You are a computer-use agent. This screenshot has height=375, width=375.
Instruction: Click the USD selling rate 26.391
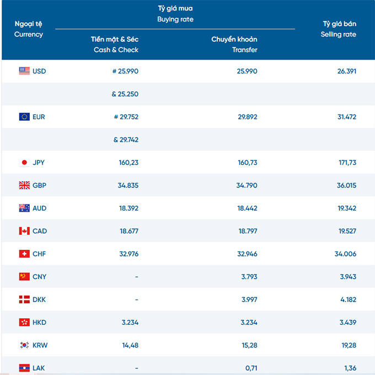click(x=346, y=71)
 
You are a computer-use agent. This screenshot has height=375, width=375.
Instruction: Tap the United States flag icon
click(x=24, y=71)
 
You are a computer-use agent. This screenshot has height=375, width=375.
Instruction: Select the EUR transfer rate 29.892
click(x=248, y=117)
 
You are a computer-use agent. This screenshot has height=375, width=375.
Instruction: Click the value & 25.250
click(x=125, y=94)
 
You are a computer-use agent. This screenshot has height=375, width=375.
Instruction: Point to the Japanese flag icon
click(x=24, y=162)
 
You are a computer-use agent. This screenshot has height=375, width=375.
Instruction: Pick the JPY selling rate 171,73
click(x=347, y=163)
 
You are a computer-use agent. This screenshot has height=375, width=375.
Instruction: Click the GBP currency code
click(x=39, y=185)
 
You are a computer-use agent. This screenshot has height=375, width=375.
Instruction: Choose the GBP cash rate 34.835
click(x=128, y=185)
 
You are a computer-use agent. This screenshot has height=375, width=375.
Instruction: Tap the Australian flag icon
click(x=24, y=208)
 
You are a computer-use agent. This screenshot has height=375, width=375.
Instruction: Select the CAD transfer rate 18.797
click(x=248, y=231)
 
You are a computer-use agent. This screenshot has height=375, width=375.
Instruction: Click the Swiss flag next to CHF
click(x=24, y=254)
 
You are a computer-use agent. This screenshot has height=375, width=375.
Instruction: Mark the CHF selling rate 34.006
click(x=345, y=254)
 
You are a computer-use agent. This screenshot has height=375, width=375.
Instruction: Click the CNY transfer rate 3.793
click(x=249, y=277)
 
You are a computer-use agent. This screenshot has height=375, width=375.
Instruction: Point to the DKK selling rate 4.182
click(x=348, y=299)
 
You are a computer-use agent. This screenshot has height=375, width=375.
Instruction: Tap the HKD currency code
click(x=39, y=323)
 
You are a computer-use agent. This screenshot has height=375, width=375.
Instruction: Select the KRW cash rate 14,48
click(x=130, y=345)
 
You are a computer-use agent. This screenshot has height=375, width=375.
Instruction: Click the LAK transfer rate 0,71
click(x=251, y=368)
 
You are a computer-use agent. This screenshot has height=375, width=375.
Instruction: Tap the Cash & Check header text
click(x=116, y=50)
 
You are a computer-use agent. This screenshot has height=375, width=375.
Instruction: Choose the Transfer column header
click(x=245, y=50)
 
